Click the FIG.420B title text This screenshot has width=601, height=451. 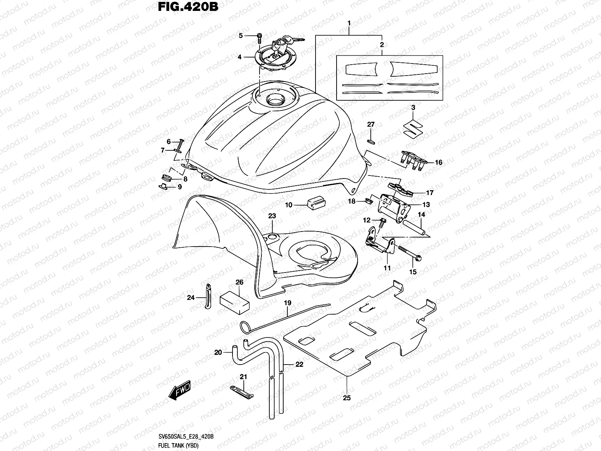[x=188, y=7]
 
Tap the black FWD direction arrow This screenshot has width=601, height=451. [x=180, y=390]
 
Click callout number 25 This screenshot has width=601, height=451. [x=347, y=398]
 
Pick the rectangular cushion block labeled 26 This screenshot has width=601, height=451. [x=235, y=303]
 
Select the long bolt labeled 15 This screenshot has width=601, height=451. [x=409, y=253]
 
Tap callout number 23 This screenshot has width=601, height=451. [x=272, y=216]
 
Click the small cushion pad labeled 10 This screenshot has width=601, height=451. [x=316, y=202]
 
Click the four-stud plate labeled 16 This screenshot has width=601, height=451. [x=414, y=160]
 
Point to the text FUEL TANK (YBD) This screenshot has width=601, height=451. [x=178, y=445]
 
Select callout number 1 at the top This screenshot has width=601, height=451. [x=349, y=23]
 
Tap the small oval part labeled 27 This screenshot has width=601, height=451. [x=371, y=142]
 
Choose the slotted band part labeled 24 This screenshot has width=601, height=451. [x=208, y=296]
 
